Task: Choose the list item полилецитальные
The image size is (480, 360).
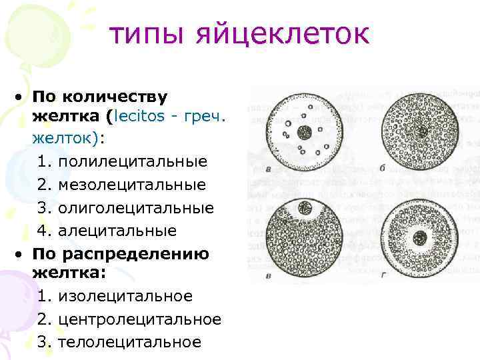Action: (x=132, y=162)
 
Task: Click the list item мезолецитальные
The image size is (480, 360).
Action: (x=131, y=185)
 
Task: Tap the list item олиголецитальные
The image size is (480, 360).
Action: (x=135, y=207)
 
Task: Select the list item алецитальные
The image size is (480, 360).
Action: (x=117, y=230)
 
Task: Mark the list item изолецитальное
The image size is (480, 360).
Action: (x=125, y=296)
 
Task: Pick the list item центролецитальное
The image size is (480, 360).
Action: (x=139, y=319)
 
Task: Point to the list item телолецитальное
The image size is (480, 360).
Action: (x=129, y=342)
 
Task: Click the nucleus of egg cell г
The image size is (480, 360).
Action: (x=421, y=237)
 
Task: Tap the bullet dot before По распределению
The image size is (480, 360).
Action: (x=22, y=254)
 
